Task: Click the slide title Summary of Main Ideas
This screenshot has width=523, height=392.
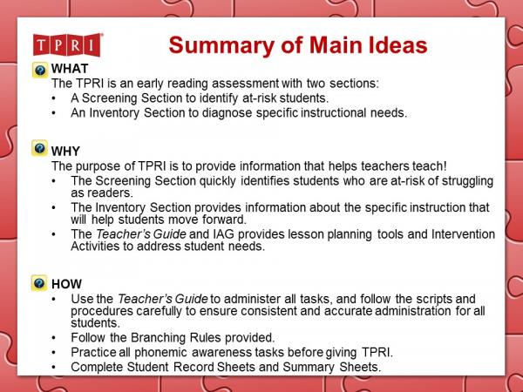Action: point(287,44)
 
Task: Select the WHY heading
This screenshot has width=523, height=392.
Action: point(66,151)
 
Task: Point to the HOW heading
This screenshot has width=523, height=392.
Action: point(67,284)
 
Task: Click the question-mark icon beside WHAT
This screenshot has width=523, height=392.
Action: point(40,70)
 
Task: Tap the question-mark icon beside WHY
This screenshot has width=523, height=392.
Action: point(40,149)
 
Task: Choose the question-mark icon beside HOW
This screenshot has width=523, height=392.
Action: point(40,283)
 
